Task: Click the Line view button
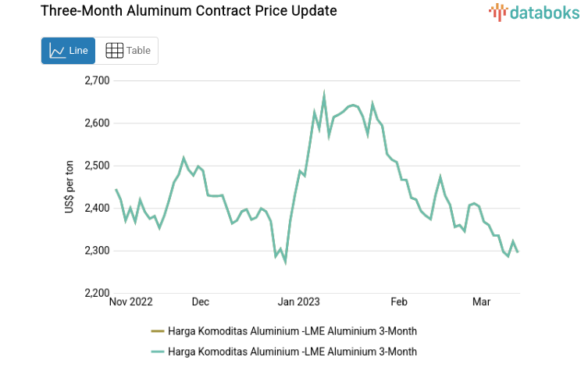[68, 51]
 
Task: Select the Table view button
[127, 51]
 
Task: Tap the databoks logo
[534, 12]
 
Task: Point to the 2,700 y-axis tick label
[97, 80]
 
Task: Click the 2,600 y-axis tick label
[97, 123]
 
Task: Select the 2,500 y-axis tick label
[97, 166]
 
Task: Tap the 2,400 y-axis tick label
[97, 209]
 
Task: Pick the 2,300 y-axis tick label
[97, 251]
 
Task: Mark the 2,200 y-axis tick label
[97, 294]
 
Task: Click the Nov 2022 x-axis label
[131, 302]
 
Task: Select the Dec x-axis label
[201, 302]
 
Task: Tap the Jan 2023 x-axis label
[300, 302]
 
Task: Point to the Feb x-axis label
[399, 302]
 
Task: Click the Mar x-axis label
[482, 302]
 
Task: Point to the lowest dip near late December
[285, 262]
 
